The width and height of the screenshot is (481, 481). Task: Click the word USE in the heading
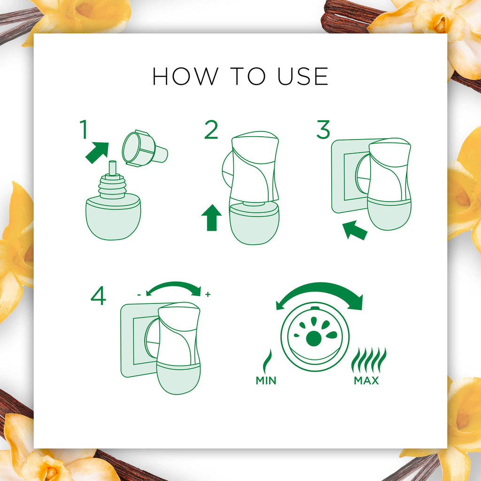(303, 77)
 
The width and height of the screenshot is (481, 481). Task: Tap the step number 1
(84, 129)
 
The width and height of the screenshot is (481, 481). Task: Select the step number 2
(211, 129)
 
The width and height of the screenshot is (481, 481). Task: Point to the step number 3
(323, 129)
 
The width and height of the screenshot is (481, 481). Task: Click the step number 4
(98, 295)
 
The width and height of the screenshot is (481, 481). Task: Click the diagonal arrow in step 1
(97, 153)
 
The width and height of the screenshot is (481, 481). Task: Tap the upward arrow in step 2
(211, 217)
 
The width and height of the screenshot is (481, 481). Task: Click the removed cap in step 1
(145, 148)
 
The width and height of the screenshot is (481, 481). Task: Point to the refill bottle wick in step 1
(113, 168)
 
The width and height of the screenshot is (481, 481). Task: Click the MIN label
(266, 380)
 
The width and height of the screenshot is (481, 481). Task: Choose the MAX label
(366, 380)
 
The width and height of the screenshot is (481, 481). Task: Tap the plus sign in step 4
(208, 295)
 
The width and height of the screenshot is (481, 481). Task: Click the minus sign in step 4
(139, 295)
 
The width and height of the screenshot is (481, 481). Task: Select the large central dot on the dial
(314, 338)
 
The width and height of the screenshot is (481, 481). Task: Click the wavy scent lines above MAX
(369, 360)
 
